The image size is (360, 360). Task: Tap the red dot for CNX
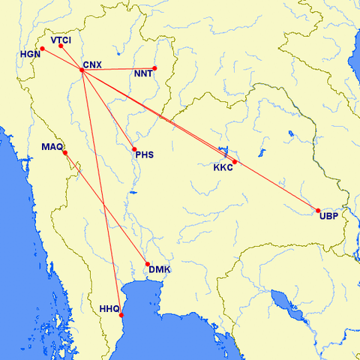(x=81, y=70)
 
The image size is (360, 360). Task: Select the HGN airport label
(x=31, y=55)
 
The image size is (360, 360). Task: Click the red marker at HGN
(x=43, y=49)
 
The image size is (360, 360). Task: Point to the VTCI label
(x=61, y=39)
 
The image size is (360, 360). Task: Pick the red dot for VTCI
(x=61, y=46)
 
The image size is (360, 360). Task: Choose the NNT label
(x=144, y=74)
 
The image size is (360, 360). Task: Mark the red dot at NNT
(x=154, y=69)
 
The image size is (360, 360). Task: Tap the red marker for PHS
(x=134, y=148)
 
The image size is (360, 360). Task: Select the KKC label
(x=223, y=167)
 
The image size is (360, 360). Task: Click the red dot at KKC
(x=235, y=162)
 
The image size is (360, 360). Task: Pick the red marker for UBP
(x=318, y=211)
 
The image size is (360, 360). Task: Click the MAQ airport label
(x=52, y=146)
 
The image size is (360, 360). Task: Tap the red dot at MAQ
(x=65, y=153)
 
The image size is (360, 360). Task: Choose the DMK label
(x=158, y=269)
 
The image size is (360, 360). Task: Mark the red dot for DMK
(x=148, y=264)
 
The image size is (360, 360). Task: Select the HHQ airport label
(x=109, y=308)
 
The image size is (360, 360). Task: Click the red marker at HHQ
(x=122, y=316)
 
